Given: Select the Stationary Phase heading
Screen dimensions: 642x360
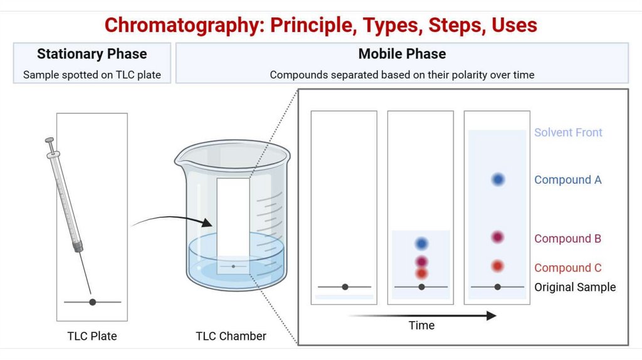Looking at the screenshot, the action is click(92, 54).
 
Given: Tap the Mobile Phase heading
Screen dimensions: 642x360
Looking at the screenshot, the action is click(402, 54).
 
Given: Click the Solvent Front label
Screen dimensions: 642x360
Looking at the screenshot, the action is click(568, 132).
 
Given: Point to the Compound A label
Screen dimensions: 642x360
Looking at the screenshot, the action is click(567, 180).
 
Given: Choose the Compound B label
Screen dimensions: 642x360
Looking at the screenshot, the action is click(567, 239).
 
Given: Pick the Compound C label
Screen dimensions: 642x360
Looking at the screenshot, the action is click(567, 268).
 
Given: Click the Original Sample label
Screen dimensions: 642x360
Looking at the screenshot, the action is click(575, 287).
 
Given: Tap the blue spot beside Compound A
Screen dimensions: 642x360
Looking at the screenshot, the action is click(498, 179).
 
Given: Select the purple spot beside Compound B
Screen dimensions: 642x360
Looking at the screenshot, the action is click(497, 238).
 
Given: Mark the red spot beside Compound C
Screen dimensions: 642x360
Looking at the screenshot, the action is click(497, 266).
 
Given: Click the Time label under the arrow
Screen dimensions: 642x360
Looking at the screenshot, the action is click(421, 326).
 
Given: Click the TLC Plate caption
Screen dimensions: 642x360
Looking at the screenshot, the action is click(92, 336).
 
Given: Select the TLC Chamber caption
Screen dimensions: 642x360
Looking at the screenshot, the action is click(231, 336).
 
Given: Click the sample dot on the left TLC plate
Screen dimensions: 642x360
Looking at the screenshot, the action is click(93, 302).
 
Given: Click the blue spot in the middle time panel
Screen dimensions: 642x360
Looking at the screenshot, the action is click(421, 243).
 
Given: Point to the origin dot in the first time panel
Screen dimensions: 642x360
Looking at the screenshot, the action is click(345, 287).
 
